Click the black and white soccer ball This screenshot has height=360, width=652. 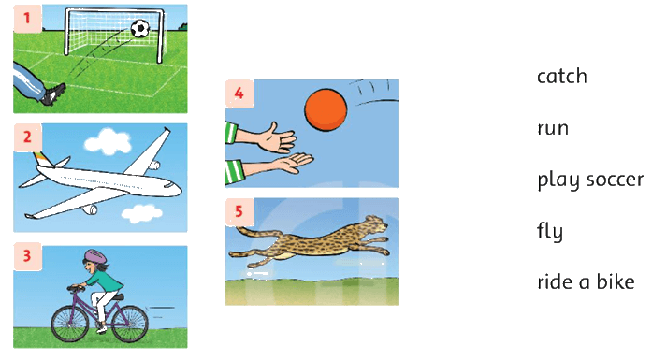(x=140, y=29)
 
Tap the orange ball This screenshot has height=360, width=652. (x=326, y=109)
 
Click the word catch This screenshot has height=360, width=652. (x=562, y=77)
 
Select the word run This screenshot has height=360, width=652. (x=553, y=128)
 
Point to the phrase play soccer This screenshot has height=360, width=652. (x=590, y=180)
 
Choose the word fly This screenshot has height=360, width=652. (x=550, y=231)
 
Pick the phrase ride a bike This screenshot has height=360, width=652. (x=586, y=281)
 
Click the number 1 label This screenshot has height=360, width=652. (x=27, y=19)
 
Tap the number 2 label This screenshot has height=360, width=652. (x=27, y=137)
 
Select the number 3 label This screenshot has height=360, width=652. (x=27, y=256)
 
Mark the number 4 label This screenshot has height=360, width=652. (x=239, y=94)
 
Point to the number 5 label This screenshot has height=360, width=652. (x=239, y=211)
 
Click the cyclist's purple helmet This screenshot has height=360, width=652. (x=95, y=255)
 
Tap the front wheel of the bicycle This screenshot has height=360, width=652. (x=70, y=324)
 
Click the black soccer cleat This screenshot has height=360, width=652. (x=53, y=94)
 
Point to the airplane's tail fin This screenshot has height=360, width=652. (x=41, y=160)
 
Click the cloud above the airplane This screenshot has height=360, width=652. (x=108, y=142)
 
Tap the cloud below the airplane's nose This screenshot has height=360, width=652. (x=142, y=214)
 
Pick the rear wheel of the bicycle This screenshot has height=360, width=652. (x=130, y=324)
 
